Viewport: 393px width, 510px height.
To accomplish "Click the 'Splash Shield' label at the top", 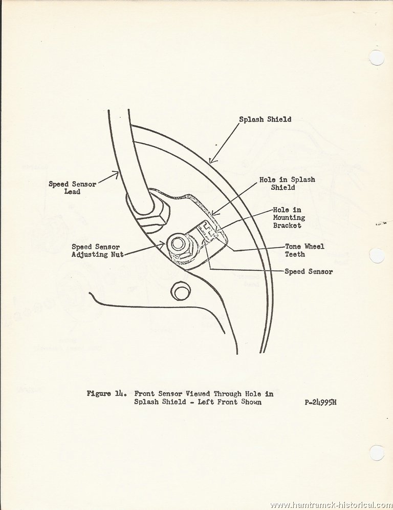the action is point(265,119).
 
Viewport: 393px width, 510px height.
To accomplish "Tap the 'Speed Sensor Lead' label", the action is point(73,188).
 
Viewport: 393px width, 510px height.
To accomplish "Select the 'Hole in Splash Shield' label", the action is point(287,183).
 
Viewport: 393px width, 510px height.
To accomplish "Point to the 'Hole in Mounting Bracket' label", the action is point(289,218).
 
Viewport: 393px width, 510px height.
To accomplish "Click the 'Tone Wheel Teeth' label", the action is point(304,250).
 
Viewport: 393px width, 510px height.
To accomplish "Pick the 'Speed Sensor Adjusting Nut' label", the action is point(97,251).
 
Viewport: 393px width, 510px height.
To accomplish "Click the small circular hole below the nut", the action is point(180,292).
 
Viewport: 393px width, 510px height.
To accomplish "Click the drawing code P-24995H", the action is point(320,402).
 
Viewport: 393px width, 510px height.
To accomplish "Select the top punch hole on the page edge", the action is point(378,58).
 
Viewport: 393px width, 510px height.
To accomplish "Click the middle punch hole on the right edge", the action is point(378,256).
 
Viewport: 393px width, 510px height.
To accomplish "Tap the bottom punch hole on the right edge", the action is point(378,453).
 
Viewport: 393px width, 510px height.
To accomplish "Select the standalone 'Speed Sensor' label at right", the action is point(309,271).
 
